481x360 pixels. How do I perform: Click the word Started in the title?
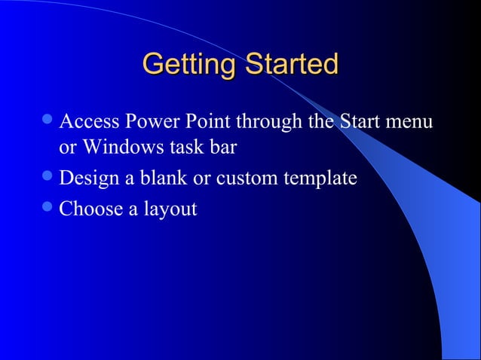point(290,65)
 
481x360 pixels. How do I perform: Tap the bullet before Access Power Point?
point(49,121)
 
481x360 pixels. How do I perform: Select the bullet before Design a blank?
point(49,179)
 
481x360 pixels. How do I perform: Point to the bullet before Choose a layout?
point(49,209)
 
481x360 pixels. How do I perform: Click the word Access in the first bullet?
point(88,121)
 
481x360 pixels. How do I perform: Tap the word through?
point(265,121)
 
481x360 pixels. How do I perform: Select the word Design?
point(87,179)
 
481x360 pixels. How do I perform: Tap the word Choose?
point(89,209)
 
